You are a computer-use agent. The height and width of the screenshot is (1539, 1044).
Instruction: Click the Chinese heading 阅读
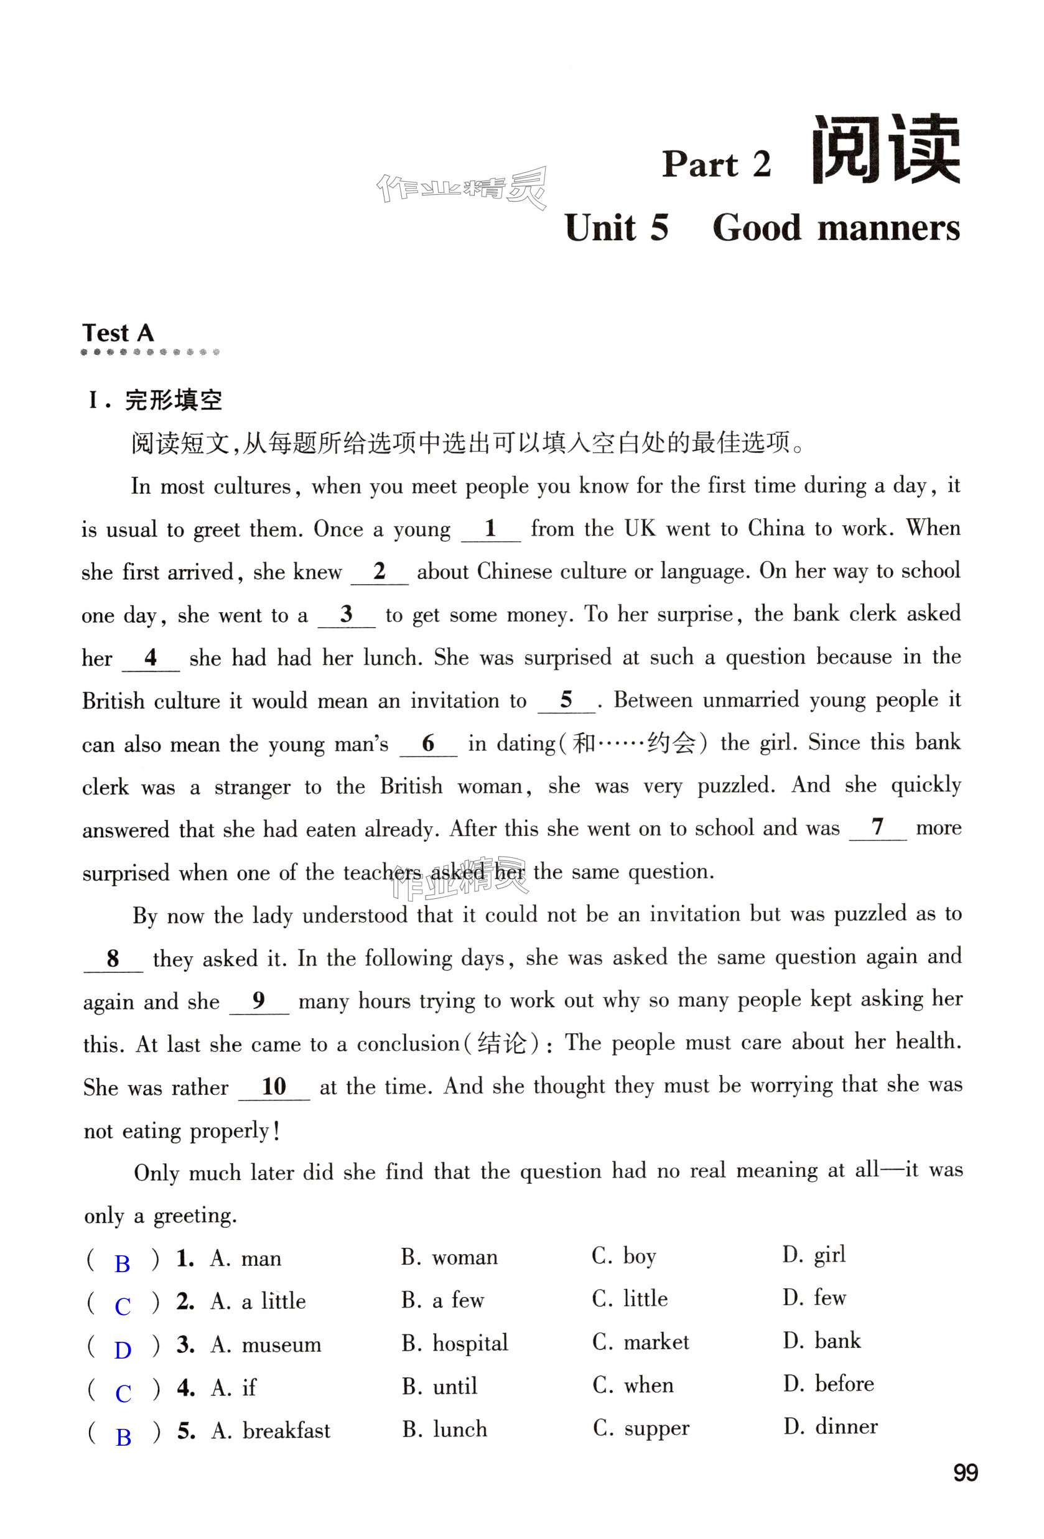point(886,151)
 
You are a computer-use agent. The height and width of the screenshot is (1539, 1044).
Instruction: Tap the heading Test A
point(118,332)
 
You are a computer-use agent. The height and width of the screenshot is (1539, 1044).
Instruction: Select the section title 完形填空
point(173,401)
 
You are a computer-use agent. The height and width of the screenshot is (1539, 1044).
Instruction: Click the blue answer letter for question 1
point(123,1263)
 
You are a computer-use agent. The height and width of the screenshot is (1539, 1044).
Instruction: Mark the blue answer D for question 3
point(123,1350)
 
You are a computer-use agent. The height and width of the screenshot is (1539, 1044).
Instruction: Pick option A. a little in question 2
point(258,1301)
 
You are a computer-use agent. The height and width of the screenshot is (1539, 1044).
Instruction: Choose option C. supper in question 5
point(641,1428)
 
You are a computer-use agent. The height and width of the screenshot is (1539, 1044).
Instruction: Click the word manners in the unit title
point(888,228)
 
